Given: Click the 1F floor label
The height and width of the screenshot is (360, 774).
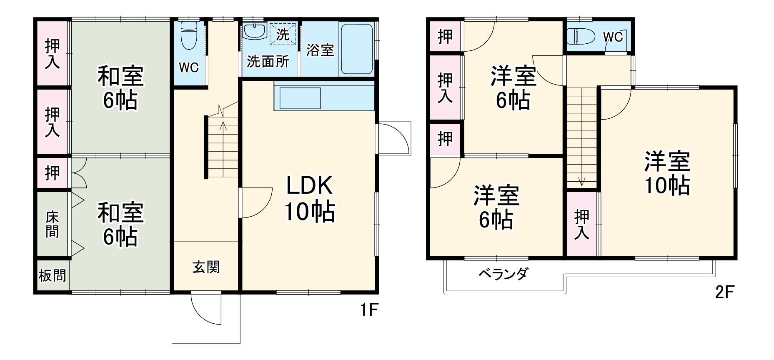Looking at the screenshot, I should pos(369,310).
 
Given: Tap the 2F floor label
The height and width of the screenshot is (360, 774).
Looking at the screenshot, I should pos(724,292).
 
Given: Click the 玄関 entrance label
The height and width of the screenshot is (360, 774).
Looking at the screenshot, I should pos(206,267).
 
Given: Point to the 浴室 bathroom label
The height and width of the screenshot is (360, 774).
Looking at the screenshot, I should pos(320,50).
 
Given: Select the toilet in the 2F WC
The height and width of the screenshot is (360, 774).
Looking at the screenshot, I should pos(581,36).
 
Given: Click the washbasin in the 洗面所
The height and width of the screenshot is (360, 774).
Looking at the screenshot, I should pos(254,31).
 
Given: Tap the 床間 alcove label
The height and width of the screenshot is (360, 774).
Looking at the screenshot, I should pos(52,224).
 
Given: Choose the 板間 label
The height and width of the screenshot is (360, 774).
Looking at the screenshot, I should pos(52,275).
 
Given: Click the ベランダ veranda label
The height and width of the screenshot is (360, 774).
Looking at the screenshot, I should pos(503,274).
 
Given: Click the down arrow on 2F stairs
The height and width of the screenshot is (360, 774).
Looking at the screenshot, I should pos(581,181).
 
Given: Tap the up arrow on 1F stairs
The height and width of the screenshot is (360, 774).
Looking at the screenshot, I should pos(223,125).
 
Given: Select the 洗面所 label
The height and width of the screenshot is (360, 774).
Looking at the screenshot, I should pos(268,62).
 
